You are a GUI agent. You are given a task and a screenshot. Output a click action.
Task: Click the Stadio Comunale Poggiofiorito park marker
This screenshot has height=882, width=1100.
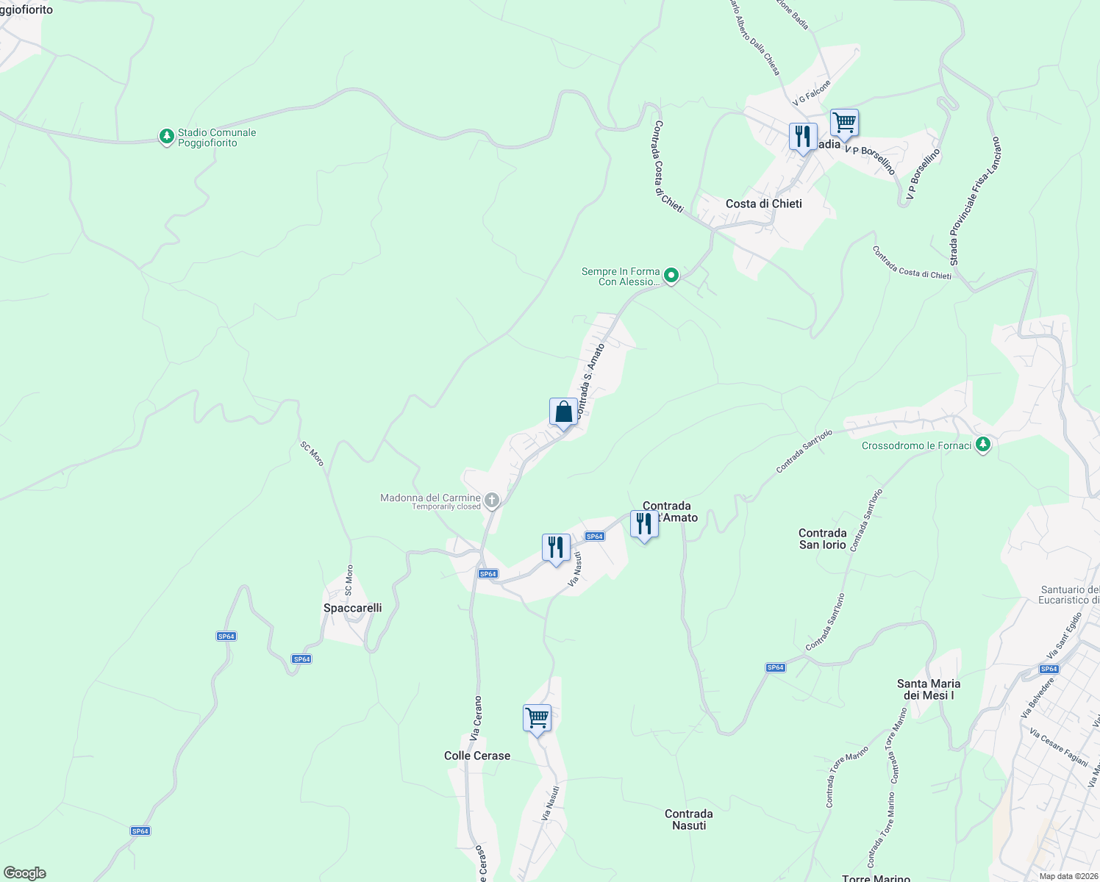pyautogui.click(x=167, y=137)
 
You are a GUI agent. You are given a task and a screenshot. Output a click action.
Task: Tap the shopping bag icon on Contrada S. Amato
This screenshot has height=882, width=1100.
pyautogui.click(x=563, y=412)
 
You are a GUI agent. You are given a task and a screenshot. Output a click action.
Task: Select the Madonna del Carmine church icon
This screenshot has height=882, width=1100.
pyautogui.click(x=492, y=501)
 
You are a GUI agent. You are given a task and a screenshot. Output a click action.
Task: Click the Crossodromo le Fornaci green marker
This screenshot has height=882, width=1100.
pyautogui.click(x=983, y=445)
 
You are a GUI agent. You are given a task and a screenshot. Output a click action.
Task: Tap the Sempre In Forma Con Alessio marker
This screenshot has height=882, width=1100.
pyautogui.click(x=671, y=276)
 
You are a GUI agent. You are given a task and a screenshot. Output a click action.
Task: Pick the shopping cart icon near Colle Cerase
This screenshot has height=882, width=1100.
pyautogui.click(x=537, y=717)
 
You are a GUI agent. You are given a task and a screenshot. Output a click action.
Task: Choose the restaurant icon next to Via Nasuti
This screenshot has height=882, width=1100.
pyautogui.click(x=556, y=548)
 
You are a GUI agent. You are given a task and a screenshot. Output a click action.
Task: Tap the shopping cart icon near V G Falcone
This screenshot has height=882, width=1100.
pyautogui.click(x=844, y=123)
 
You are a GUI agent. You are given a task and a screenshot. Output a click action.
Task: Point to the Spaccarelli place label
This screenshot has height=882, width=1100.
pyautogui.click(x=353, y=608)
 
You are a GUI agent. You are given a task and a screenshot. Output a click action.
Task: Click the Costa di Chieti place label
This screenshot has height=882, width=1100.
pyautogui.click(x=763, y=204)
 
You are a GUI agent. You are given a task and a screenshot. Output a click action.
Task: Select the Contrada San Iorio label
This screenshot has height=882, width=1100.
pyautogui.click(x=823, y=539)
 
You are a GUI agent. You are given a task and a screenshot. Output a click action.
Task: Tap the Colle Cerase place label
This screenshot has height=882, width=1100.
pyautogui.click(x=477, y=756)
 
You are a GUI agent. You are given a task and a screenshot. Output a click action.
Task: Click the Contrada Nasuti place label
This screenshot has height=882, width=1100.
pyautogui.click(x=689, y=820)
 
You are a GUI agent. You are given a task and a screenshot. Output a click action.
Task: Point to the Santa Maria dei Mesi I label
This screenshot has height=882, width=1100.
pyautogui.click(x=929, y=689)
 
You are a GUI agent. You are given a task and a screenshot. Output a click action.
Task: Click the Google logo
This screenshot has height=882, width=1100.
pyautogui.click(x=25, y=873)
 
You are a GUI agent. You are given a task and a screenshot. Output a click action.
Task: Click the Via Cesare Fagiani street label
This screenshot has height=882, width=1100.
pyautogui.click(x=1058, y=747)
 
